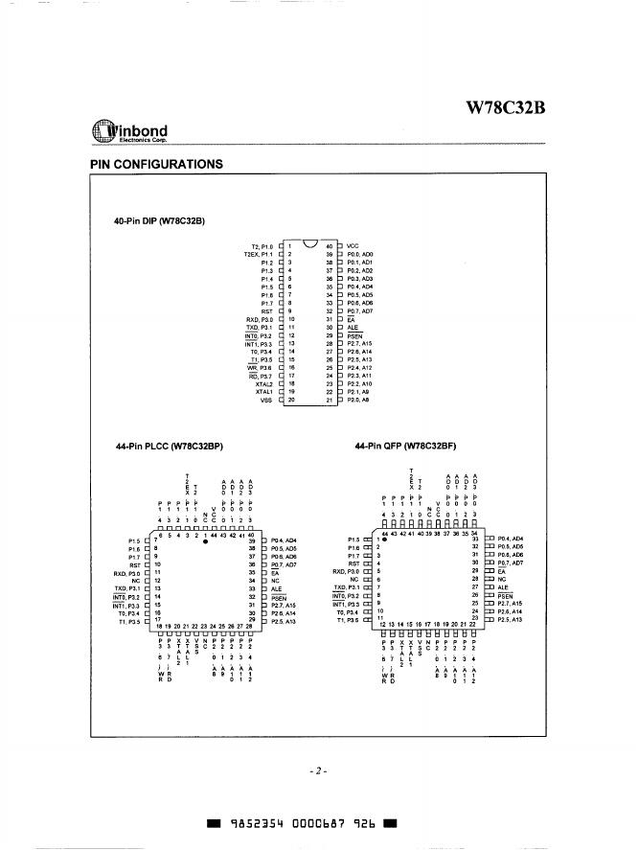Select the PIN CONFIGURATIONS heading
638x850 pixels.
pos(156,164)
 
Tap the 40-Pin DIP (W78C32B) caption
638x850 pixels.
pos(159,222)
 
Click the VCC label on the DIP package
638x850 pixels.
pos(353,245)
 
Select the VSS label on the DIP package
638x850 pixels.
pos(267,400)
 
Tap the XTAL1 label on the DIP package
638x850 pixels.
pos(264,391)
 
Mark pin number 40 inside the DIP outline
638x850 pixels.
pos(329,246)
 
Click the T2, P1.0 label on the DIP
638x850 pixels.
pos(260,246)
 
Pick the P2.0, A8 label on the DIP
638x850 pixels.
pos(359,400)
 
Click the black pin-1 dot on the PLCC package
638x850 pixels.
pos(206,541)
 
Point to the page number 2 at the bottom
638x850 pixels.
pos(318,770)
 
